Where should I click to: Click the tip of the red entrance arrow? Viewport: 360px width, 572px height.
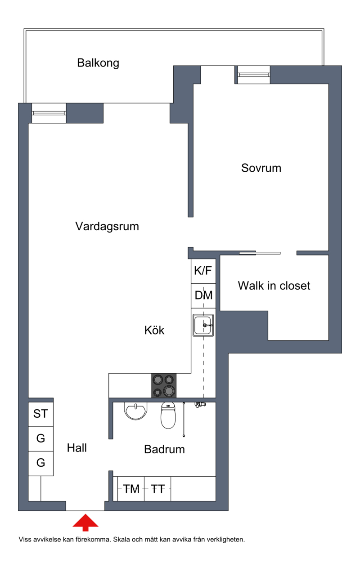click(x=85, y=514)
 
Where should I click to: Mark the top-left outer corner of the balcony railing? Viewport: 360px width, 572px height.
click(x=24, y=29)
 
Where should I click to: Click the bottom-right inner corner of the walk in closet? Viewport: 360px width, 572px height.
click(x=328, y=340)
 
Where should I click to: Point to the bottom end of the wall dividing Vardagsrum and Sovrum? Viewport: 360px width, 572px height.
click(x=191, y=217)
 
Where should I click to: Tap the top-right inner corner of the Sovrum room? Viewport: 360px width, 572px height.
click(x=328, y=84)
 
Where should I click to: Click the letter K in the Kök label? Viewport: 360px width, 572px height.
click(x=148, y=330)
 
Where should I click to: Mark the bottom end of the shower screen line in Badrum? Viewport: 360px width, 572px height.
click(x=184, y=436)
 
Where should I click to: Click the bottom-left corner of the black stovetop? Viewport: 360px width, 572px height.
click(x=152, y=398)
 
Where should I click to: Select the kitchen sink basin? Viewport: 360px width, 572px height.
click(x=203, y=325)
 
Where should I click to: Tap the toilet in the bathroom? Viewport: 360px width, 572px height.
click(x=168, y=416)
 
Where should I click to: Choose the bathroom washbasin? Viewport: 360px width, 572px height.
click(x=135, y=411)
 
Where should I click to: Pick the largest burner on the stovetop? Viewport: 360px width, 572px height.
click(x=169, y=391)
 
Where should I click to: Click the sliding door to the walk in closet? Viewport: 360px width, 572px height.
click(x=260, y=253)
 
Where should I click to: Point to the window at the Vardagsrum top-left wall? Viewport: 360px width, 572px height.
click(x=49, y=113)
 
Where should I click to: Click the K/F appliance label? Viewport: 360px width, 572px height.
click(x=203, y=271)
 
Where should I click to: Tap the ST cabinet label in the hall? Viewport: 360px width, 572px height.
click(x=40, y=414)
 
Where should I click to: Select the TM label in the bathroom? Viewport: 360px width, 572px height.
click(x=131, y=489)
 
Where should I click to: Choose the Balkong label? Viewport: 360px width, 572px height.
click(x=98, y=63)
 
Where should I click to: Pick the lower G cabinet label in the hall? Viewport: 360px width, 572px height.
click(x=40, y=462)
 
